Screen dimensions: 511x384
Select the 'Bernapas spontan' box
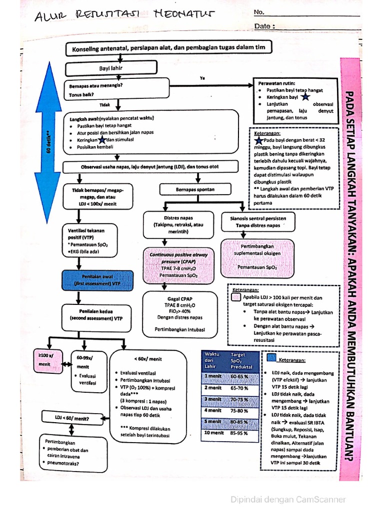point(195,190)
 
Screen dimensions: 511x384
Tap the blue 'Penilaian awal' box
point(98,280)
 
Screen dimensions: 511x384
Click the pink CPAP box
point(178,264)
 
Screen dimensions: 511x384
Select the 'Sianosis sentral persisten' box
point(258,222)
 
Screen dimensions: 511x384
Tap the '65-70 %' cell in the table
point(239,388)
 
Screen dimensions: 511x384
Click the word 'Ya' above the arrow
point(202,78)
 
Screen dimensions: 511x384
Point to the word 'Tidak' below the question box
point(104,105)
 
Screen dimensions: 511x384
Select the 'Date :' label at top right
point(264,26)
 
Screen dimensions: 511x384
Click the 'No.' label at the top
point(258,12)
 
